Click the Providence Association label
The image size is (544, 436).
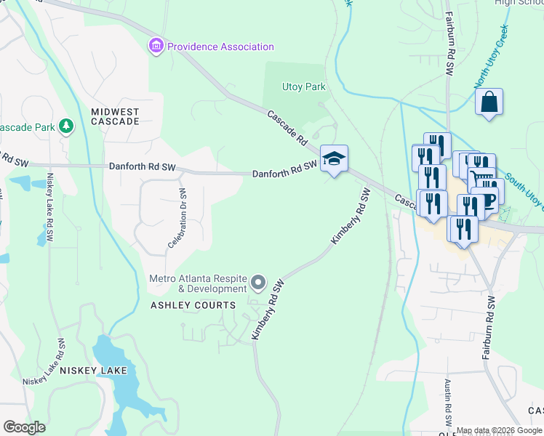[220, 47]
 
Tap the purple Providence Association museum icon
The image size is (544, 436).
[156, 47]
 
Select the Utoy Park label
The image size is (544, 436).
[303, 87]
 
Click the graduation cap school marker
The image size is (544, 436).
[334, 158]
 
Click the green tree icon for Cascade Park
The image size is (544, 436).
[67, 127]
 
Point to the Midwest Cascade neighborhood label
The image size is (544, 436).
[115, 116]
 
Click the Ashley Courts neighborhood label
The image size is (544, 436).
[193, 305]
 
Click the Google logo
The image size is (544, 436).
[24, 427]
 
